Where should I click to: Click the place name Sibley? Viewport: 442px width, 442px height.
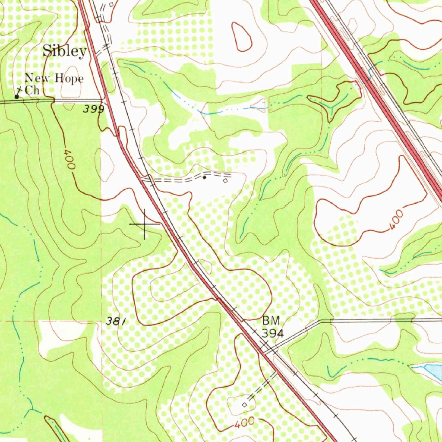click(64, 51)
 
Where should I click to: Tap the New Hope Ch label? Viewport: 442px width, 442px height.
click(54, 84)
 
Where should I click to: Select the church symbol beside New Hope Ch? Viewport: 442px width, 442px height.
click(17, 96)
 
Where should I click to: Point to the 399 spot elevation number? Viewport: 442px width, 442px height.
click(94, 109)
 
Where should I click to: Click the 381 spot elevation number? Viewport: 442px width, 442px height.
click(116, 321)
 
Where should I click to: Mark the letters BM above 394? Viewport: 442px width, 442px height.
click(271, 321)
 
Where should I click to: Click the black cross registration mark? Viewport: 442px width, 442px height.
click(144, 224)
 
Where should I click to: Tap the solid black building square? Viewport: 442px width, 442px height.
click(205, 177)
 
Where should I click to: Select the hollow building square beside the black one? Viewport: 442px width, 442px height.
click(225, 181)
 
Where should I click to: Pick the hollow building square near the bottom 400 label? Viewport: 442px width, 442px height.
click(245, 405)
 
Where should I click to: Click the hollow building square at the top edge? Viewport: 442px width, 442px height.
click(111, 4)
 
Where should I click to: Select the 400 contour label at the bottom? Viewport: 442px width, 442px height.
click(245, 423)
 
